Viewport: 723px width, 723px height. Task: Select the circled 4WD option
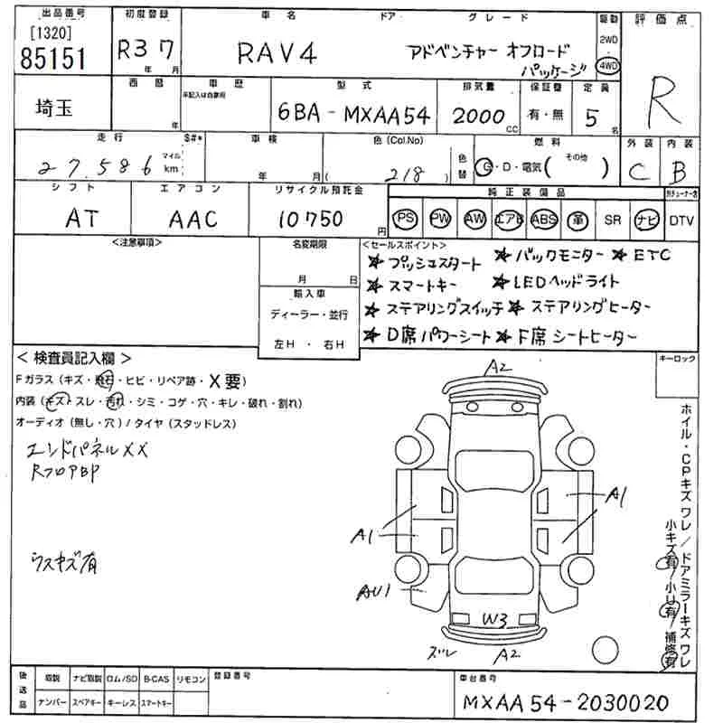pos(609,66)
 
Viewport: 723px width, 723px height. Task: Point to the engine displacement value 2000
pos(478,116)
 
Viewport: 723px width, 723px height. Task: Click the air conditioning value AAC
pos(192,218)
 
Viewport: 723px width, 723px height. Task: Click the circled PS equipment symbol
pos(407,220)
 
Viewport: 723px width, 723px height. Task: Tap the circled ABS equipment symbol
pos(544,220)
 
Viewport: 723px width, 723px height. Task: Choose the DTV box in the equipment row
pos(681,220)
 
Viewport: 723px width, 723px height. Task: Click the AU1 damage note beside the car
pos(373,593)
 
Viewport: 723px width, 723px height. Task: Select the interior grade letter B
pos(680,170)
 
